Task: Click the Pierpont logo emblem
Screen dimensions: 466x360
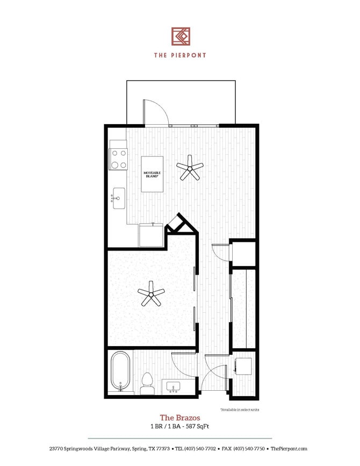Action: point(181,36)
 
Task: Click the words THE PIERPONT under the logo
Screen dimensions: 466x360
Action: point(180,54)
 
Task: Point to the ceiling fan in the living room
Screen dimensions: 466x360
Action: point(190,168)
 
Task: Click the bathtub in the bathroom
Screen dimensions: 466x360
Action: point(120,371)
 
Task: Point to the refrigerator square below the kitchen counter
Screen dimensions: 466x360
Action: point(151,235)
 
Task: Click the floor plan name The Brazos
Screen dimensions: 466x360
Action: point(180,418)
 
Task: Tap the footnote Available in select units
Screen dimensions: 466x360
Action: point(240,410)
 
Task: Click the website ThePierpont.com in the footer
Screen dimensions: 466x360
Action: point(289,449)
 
